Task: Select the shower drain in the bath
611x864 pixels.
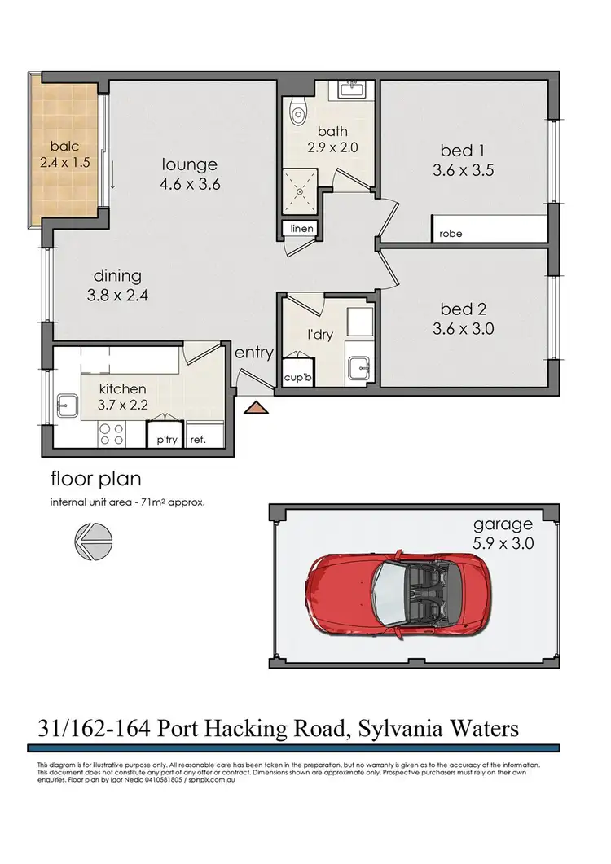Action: coord(301,194)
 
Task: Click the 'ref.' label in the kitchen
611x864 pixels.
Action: coord(196,439)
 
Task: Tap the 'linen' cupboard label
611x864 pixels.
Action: coord(301,229)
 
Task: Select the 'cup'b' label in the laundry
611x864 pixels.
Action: coord(297,378)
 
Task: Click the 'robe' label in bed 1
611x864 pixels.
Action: coord(451,233)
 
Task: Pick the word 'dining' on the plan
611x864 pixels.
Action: coord(116,275)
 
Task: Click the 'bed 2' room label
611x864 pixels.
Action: coord(456,309)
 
